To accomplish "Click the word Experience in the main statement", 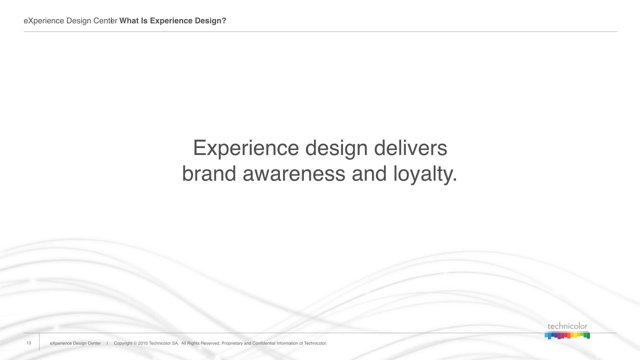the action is pos(246,149).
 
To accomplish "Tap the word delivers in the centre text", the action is pos(411,148).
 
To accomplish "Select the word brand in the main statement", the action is pos(209,173).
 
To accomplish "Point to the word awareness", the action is pos(294,174).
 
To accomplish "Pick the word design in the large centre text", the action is pos(336,149).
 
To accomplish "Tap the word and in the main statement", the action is pos(369,173).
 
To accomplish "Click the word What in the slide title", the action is pos(129,21).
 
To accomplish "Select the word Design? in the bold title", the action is pos(211,21).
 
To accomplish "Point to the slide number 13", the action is pos(29,343).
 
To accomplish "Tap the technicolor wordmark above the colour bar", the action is pos(567,326).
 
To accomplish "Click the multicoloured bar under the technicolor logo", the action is pos(567,335).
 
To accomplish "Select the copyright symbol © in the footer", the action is pos(135,343).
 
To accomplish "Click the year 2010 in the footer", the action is pos(143,343).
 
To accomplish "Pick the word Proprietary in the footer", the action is pos(232,343).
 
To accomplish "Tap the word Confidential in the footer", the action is pos(264,343).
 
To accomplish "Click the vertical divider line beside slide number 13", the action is pos(39,342).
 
